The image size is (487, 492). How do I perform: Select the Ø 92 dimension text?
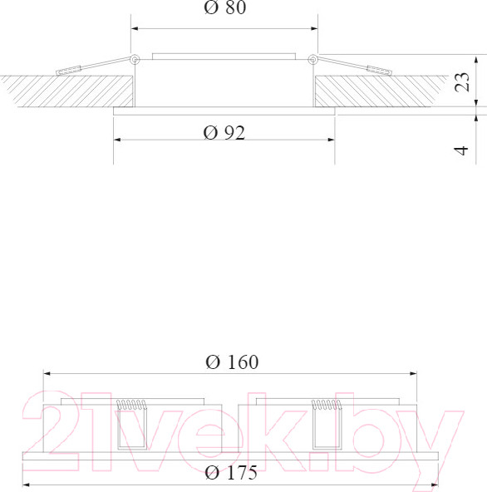pos(224,133)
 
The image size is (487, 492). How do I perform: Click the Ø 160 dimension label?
pos(231,362)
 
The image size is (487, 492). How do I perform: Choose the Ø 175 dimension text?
pos(230,474)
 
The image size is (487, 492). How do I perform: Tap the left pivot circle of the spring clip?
pos(135,59)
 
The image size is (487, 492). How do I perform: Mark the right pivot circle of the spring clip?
pos(312,59)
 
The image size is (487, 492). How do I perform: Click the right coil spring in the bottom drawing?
pos(327,406)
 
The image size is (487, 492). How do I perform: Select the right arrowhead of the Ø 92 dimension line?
pos(332,139)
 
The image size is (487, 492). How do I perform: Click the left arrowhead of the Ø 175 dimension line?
pos(26,484)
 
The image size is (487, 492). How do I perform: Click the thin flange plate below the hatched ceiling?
pos(224,108)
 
